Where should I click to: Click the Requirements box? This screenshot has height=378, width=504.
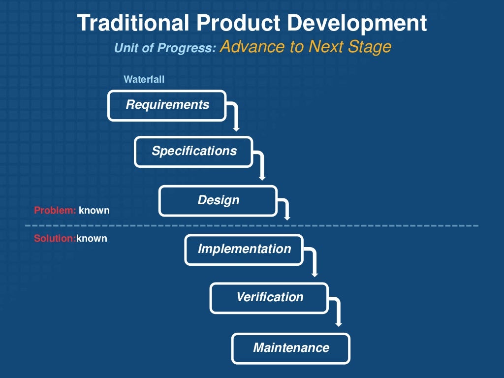click(x=167, y=105)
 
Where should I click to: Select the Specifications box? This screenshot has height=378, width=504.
click(x=193, y=152)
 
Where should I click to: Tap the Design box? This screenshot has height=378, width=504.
click(x=218, y=201)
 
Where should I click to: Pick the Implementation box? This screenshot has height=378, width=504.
click(x=244, y=250)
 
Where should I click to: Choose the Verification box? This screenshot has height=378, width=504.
click(x=269, y=298)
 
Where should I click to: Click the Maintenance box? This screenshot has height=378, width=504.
click(x=291, y=348)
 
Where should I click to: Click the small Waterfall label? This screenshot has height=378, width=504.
click(x=144, y=79)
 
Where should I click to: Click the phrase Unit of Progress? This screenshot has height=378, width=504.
click(x=165, y=48)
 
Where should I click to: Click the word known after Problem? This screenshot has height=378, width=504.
click(x=94, y=211)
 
